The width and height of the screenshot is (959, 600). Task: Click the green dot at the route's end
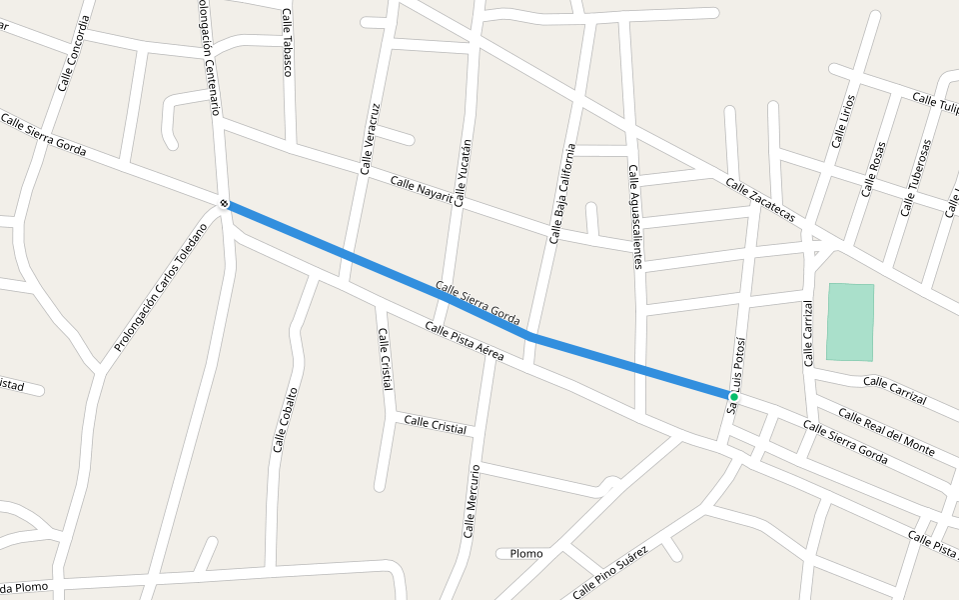point(734,397)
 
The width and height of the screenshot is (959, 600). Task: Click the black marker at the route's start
point(225,204)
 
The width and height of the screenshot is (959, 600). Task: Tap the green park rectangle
point(850,322)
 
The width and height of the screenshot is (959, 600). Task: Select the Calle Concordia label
point(73,53)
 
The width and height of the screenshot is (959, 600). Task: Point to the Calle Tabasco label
point(288,42)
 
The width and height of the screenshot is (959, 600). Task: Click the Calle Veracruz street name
point(369,139)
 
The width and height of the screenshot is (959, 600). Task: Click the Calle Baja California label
point(562,194)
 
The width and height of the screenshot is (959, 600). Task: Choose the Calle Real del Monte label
point(886,432)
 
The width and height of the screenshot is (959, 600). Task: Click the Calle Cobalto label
point(285,419)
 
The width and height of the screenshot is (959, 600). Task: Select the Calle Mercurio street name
point(473,501)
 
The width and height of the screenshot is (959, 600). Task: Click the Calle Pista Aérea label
point(464,342)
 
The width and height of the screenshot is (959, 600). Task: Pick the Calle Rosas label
point(873,168)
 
